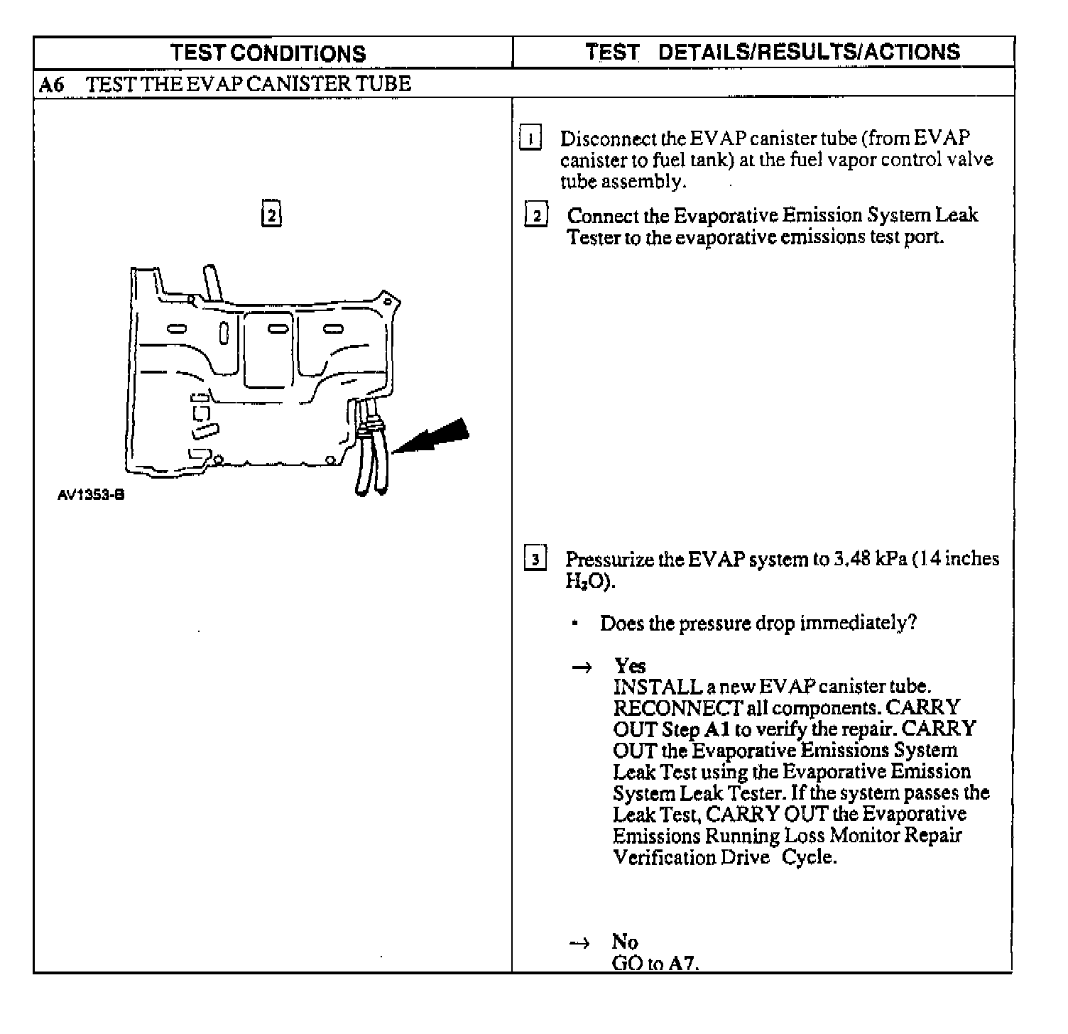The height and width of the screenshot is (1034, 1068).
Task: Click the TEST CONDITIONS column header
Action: [268, 53]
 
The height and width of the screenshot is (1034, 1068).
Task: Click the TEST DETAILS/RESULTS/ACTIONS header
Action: [772, 52]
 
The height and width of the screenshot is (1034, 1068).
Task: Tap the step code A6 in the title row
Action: [51, 85]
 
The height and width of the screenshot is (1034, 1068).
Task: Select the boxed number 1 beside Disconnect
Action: [530, 137]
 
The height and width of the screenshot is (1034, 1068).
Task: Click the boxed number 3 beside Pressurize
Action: [535, 559]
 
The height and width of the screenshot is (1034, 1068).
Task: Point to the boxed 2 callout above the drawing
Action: [271, 214]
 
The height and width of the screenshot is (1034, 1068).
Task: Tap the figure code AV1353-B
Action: [91, 495]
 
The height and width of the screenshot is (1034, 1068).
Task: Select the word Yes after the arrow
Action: [630, 666]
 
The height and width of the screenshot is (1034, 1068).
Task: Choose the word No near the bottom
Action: [625, 942]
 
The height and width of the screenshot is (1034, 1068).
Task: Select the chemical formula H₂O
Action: [587, 582]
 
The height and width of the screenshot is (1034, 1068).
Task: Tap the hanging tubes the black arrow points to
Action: [372, 455]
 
